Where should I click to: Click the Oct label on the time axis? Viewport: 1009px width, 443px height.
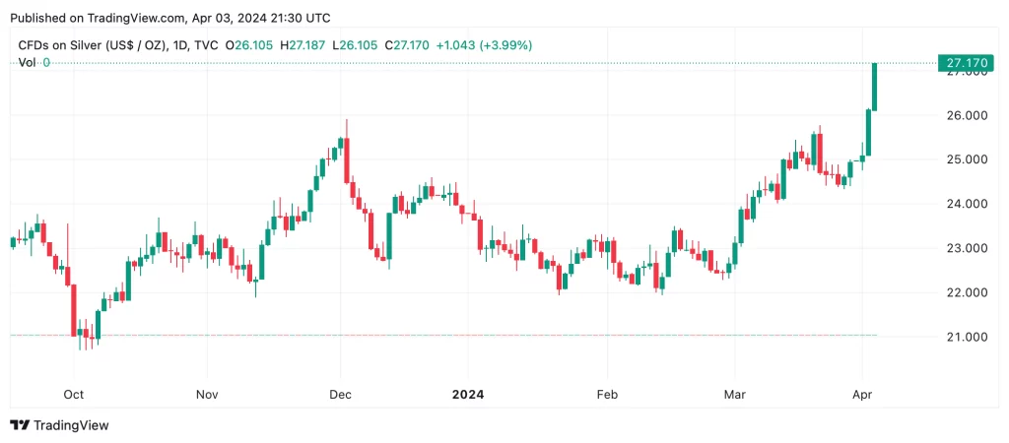pyautogui.click(x=74, y=394)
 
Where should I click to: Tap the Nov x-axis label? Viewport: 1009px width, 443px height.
pyautogui.click(x=207, y=394)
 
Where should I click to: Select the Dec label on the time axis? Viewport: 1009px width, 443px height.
pyautogui.click(x=340, y=394)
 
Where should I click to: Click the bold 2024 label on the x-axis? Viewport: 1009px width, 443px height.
pyautogui.click(x=468, y=394)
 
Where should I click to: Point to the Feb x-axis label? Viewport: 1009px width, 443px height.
pyautogui.click(x=607, y=394)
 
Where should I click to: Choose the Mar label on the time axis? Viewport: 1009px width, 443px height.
pyautogui.click(x=734, y=394)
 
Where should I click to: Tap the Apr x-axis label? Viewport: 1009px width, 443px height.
pyautogui.click(x=862, y=394)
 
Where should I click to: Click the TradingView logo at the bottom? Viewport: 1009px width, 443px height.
pyautogui.click(x=60, y=425)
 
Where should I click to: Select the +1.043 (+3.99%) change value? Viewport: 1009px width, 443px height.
pyautogui.click(x=484, y=45)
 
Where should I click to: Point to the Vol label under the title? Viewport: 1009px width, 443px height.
pyautogui.click(x=27, y=62)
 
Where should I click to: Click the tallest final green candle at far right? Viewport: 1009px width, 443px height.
pyautogui.click(x=875, y=87)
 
